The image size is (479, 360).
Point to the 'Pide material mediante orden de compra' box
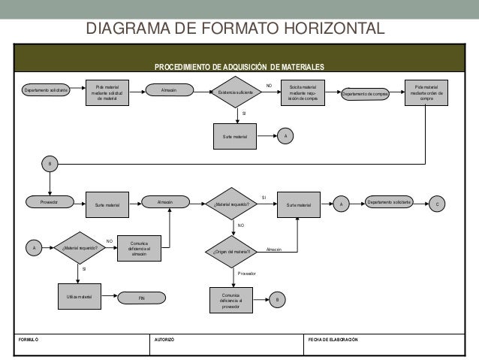point(426,92)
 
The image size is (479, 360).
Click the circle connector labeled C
point(440,204)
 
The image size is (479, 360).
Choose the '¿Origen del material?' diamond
point(236,252)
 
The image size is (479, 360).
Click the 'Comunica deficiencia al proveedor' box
point(230,299)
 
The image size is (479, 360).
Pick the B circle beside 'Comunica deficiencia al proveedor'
point(276,300)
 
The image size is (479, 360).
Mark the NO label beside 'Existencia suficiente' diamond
point(268,86)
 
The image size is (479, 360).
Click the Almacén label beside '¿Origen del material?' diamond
point(274,249)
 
